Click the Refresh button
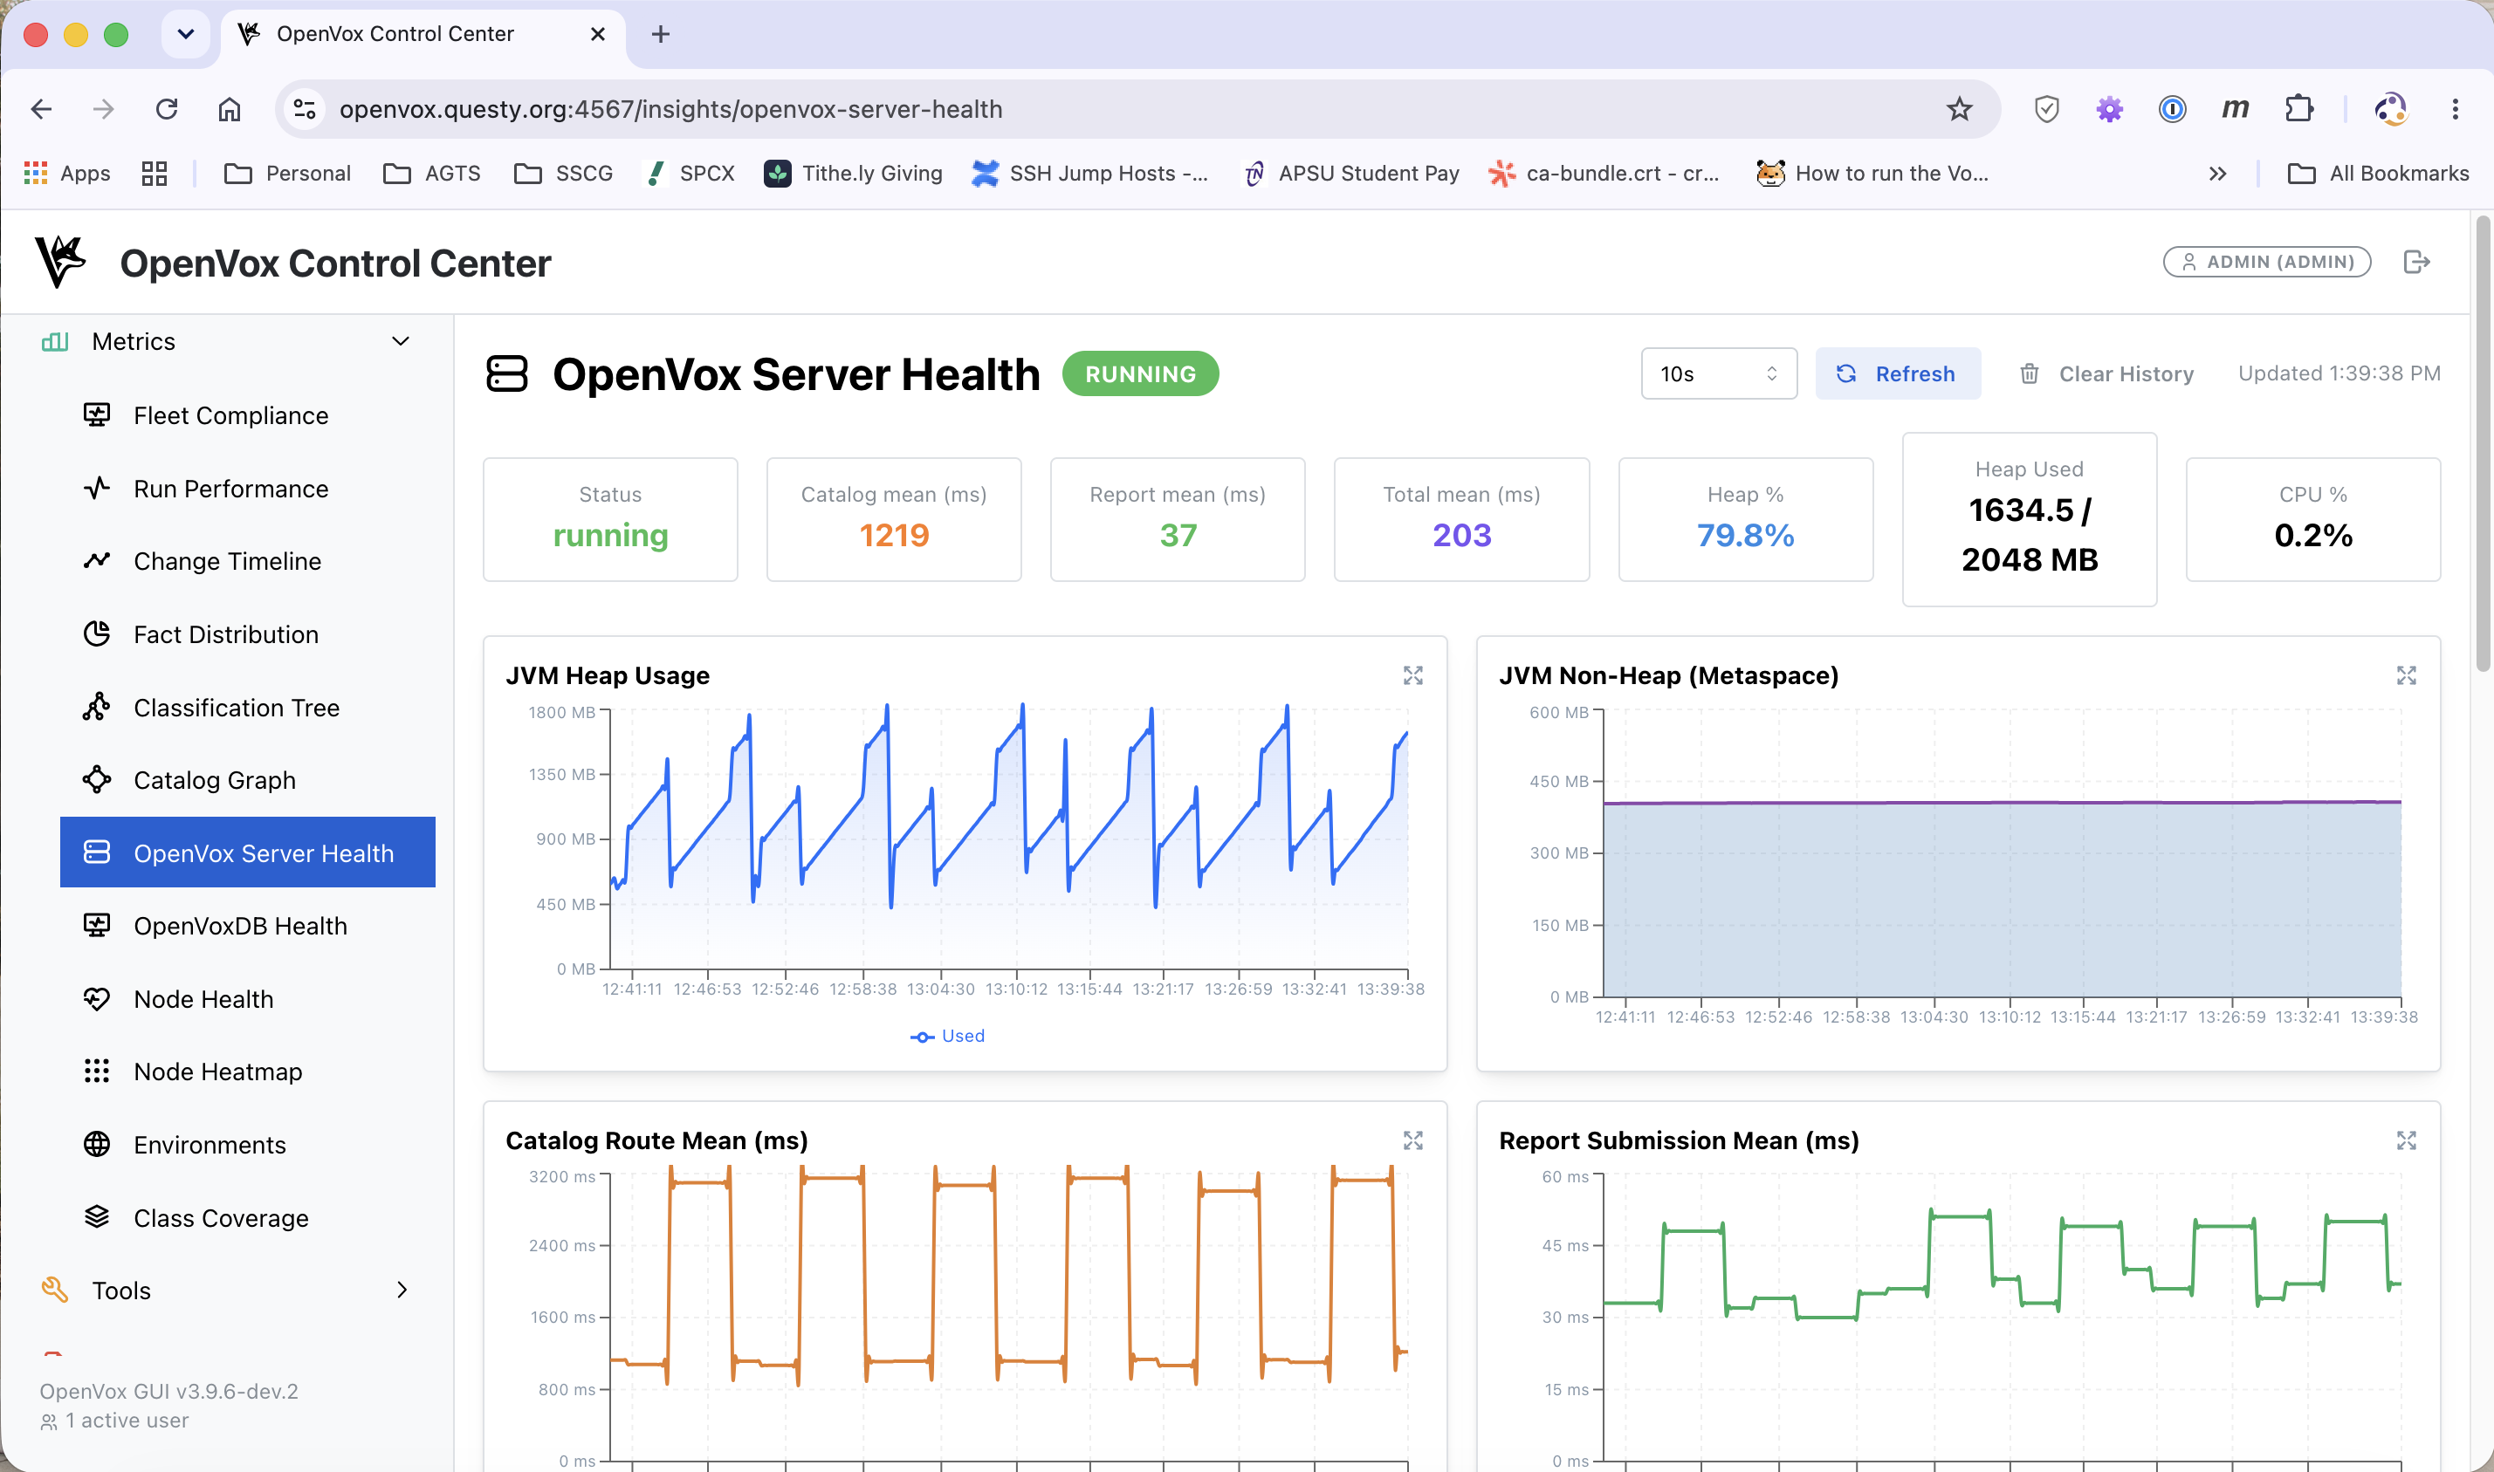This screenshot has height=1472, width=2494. tap(1897, 374)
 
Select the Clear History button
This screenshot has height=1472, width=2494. tap(2106, 374)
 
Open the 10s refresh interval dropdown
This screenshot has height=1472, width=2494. tap(1718, 374)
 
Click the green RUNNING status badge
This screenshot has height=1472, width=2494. tap(1140, 374)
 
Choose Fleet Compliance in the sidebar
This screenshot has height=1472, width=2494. tap(230, 415)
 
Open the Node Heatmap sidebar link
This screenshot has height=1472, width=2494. tap(217, 1071)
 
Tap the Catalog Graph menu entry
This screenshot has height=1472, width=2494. tap(214, 781)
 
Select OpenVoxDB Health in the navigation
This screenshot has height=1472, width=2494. tap(240, 927)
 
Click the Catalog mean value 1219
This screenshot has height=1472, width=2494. tap(894, 536)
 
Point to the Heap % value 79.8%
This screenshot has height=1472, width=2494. tap(1745, 536)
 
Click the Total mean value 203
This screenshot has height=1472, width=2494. tap(1461, 536)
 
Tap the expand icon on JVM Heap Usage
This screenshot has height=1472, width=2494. tap(1412, 675)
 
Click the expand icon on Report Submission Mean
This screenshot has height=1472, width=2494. tap(2406, 1140)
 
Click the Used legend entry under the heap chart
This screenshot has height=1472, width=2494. tap(947, 1036)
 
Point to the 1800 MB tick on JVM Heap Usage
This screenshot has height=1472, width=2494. tap(561, 712)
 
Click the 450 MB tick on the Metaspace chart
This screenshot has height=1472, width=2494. tap(1558, 782)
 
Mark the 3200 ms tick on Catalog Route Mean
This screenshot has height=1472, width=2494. tap(561, 1176)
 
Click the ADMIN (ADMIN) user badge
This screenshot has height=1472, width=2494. tap(2267, 262)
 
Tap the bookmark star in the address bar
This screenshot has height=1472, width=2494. tap(1958, 109)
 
